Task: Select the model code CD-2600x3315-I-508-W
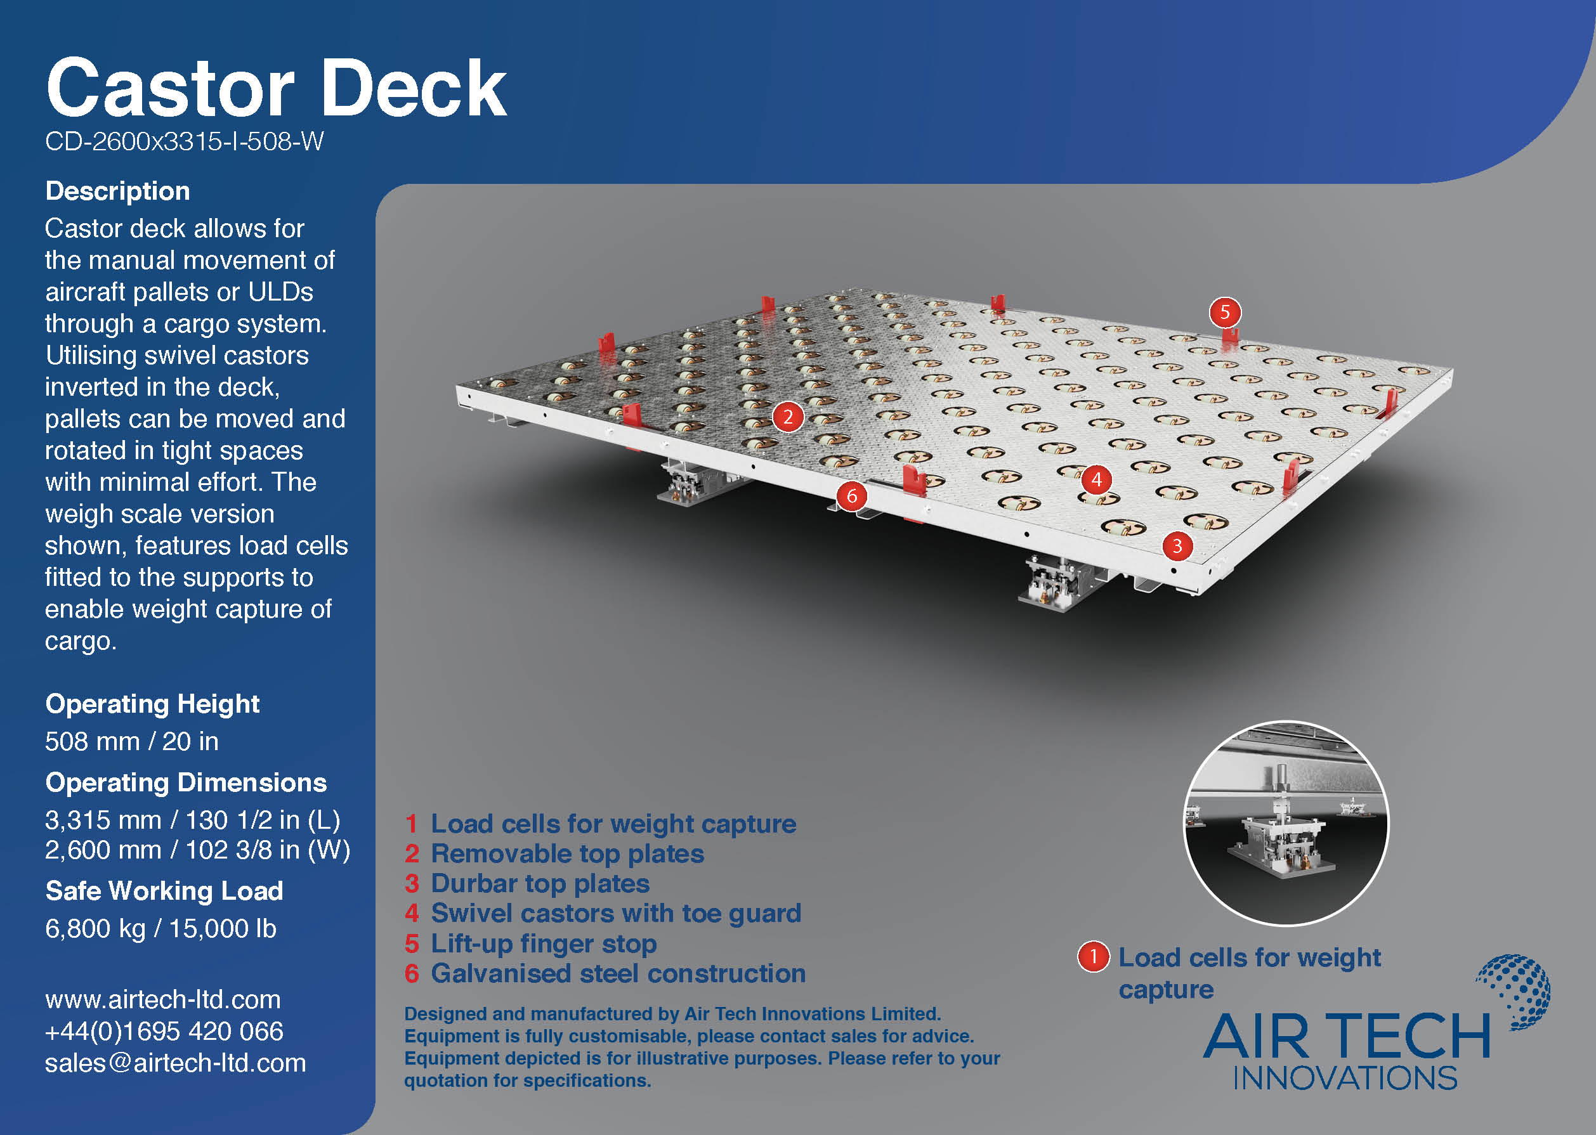[185, 141]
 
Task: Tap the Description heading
[117, 191]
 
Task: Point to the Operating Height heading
[152, 704]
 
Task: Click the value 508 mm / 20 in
[131, 741]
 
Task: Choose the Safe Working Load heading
[164, 890]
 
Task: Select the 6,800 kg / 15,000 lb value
[160, 928]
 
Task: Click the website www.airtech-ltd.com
[163, 999]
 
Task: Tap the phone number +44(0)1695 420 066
[164, 1031]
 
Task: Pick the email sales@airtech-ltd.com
[176, 1063]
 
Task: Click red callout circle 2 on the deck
[788, 417]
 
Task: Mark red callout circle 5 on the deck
[1225, 312]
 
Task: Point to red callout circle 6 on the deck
[851, 496]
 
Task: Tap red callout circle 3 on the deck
[1177, 545]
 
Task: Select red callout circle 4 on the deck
[1096, 479]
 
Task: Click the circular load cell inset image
[1286, 823]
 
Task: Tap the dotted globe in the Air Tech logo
[1515, 991]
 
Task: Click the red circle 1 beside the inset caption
[1094, 957]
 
